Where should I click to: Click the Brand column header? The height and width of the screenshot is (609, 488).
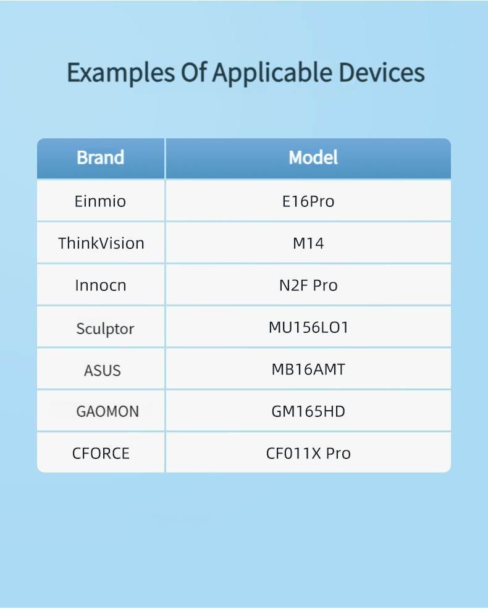[101, 157]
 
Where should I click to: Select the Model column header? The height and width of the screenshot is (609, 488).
[313, 157]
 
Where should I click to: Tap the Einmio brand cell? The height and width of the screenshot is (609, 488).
[100, 201]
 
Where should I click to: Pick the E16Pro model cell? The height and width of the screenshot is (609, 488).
[308, 201]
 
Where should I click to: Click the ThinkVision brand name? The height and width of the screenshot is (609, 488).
[101, 243]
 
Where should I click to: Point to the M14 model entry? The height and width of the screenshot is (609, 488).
[308, 243]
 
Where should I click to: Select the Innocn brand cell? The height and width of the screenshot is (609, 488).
[101, 285]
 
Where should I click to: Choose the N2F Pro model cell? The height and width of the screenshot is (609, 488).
[308, 285]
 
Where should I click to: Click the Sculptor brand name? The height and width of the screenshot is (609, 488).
[105, 329]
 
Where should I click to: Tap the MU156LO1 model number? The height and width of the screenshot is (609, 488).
[308, 327]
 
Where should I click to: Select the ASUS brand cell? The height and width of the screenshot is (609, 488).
[103, 371]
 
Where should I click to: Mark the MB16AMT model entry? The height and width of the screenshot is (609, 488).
[308, 369]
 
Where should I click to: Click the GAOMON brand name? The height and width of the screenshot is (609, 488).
[107, 411]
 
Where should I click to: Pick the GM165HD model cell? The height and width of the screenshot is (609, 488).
[308, 411]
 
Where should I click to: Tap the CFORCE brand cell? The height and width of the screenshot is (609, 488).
[101, 453]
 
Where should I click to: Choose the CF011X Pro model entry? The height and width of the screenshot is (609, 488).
[308, 453]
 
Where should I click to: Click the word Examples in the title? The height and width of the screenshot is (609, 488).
[121, 73]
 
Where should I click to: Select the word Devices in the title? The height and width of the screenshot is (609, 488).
[382, 73]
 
